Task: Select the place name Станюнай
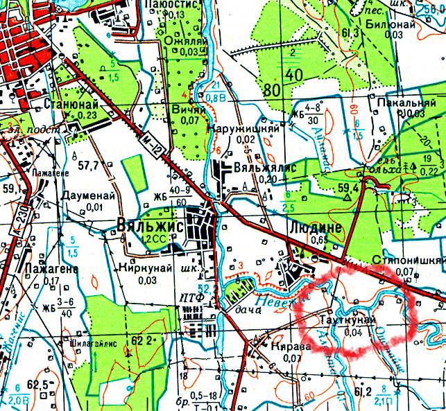point(70,105)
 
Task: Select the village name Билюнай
point(390,24)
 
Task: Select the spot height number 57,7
point(89,165)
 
